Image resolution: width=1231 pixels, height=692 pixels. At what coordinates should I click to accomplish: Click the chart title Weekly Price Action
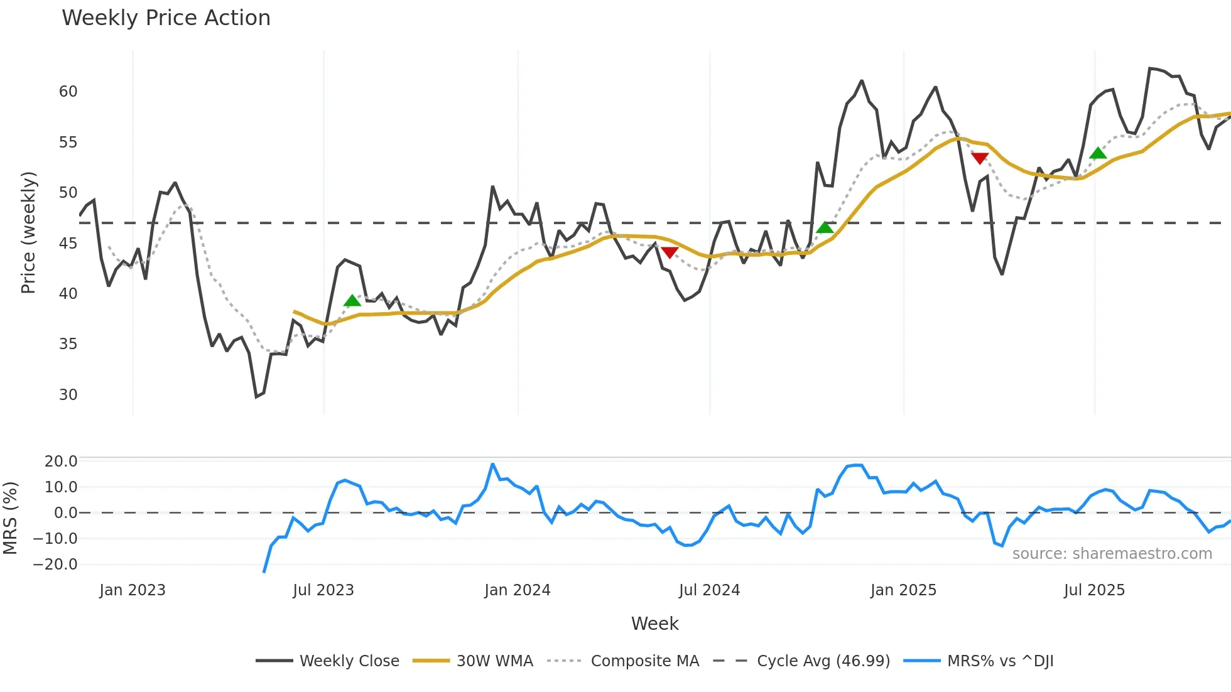(166, 18)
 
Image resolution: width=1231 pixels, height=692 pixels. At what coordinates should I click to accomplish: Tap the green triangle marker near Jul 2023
(352, 301)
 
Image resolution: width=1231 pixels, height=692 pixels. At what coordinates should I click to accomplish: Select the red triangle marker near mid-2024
(670, 252)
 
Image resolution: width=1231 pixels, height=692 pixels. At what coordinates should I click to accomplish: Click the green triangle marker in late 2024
(825, 227)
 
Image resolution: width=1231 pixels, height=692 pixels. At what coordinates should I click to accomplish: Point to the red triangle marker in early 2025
(980, 158)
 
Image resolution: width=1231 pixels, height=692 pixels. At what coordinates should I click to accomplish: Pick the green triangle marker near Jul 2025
(1098, 153)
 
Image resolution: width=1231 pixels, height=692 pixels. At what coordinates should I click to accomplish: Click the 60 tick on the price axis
(68, 92)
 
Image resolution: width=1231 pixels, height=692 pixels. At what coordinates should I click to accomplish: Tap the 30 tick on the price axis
(68, 395)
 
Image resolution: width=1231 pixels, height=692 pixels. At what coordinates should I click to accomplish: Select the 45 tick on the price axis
(68, 244)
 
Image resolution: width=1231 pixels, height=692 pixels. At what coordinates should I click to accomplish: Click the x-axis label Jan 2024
(517, 590)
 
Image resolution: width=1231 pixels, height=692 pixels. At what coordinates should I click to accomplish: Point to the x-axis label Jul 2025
(1094, 590)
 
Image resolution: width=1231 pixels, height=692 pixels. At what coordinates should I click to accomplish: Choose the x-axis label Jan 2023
(133, 590)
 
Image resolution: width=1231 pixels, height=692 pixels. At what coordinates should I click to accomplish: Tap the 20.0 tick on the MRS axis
(60, 462)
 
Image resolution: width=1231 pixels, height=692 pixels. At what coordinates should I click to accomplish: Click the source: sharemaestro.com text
(1112, 554)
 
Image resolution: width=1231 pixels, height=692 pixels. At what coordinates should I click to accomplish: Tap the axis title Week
(654, 624)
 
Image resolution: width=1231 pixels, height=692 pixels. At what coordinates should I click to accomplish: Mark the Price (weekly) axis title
(28, 232)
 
